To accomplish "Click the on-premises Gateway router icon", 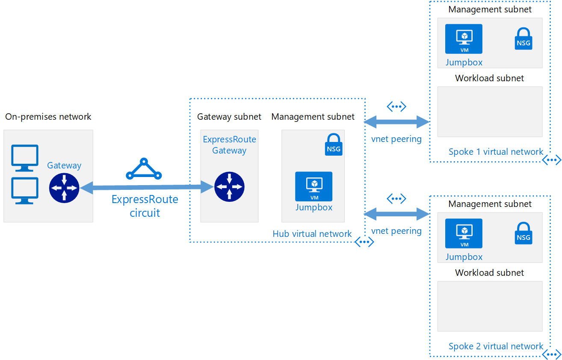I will pyautogui.click(x=64, y=187).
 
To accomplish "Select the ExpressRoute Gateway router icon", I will pyautogui.click(x=229, y=186).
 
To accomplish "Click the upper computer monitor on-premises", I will pyautogui.click(x=25, y=157).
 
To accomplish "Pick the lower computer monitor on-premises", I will pyautogui.click(x=25, y=190).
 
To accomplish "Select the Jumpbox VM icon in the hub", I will pyautogui.click(x=314, y=186).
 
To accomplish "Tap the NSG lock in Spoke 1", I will pyautogui.click(x=523, y=39).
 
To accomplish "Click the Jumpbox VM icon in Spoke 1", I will pyautogui.click(x=464, y=39).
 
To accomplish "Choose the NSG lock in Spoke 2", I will pyautogui.click(x=523, y=233).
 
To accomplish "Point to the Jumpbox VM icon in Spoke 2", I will pyautogui.click(x=464, y=233).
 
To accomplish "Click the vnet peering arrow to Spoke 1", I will pyautogui.click(x=396, y=122).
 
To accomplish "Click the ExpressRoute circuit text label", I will pyautogui.click(x=145, y=206).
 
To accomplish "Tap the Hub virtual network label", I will pyautogui.click(x=312, y=234).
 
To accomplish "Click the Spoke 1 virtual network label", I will pyautogui.click(x=496, y=152).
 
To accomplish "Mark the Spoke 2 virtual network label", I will pyautogui.click(x=496, y=346).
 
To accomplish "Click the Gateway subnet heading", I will pyautogui.click(x=229, y=117).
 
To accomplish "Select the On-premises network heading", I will pyautogui.click(x=48, y=116).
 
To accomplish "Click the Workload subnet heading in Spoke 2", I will pyautogui.click(x=489, y=273).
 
